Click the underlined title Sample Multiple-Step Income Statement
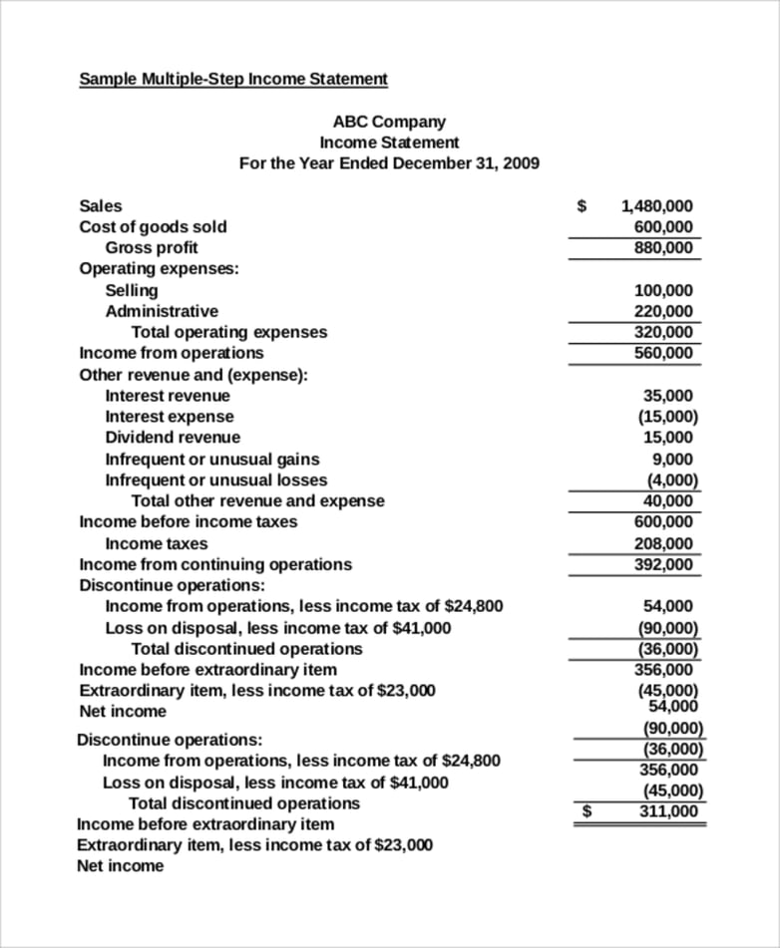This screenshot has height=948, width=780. point(233,79)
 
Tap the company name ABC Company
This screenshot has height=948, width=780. point(389,122)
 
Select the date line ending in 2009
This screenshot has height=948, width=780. point(389,163)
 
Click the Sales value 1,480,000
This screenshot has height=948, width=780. point(656,206)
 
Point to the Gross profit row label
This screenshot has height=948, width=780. point(152,247)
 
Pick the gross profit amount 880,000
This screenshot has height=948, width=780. point(663,247)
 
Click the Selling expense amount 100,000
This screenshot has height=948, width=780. point(663,290)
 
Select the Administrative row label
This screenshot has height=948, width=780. point(162,311)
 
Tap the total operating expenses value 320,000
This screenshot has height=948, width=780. point(663,332)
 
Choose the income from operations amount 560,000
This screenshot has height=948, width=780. point(663,353)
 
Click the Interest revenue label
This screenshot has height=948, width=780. point(168,396)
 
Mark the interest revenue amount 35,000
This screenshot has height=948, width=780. point(667,396)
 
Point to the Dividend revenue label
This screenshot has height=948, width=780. point(173,438)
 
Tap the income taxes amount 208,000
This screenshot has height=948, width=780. point(663,543)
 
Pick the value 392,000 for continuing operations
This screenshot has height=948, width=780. point(663,564)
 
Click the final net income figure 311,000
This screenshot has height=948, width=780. point(668,811)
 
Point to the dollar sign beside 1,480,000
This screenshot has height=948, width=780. point(583,206)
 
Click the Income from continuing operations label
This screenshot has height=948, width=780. point(215,564)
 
